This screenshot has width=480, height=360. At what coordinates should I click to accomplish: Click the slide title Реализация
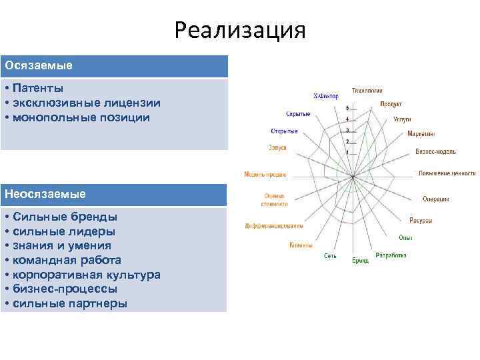pos(240,31)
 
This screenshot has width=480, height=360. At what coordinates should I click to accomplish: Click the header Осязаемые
pos(39,66)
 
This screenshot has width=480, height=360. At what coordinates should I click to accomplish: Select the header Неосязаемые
pos(45,194)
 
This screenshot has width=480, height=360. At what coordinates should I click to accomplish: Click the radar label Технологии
pos(367,90)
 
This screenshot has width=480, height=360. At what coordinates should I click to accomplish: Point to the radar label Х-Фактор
pos(326,95)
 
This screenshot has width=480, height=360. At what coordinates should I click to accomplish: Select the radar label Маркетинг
pos(421,134)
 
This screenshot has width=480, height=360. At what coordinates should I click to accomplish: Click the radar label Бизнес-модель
pos(435,152)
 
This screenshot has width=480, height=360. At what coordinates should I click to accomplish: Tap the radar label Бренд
pos(360,261)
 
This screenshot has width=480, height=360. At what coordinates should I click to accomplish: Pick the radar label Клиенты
pos(301,245)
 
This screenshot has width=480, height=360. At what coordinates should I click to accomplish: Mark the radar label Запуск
pos(277,147)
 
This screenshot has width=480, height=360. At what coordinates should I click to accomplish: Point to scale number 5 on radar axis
pos(347,108)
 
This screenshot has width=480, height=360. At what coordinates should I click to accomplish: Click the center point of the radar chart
pos(352,177)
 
